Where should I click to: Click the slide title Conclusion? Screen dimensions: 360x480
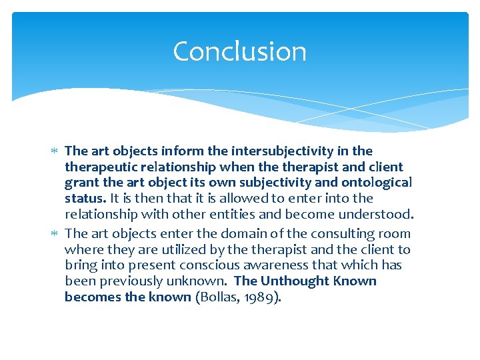tap(239, 51)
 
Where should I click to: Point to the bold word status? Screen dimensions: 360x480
tap(84, 199)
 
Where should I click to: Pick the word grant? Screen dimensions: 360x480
tap(80, 183)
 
